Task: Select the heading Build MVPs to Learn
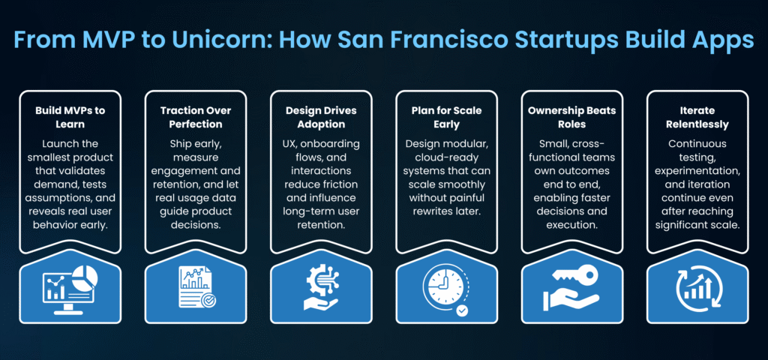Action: tap(70, 117)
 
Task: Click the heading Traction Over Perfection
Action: tap(196, 117)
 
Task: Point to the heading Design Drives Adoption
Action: tap(321, 117)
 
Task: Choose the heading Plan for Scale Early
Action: tap(446, 117)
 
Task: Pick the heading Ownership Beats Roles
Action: tap(571, 117)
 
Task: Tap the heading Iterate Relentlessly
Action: tap(697, 117)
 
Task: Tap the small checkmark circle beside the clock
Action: tap(461, 310)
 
